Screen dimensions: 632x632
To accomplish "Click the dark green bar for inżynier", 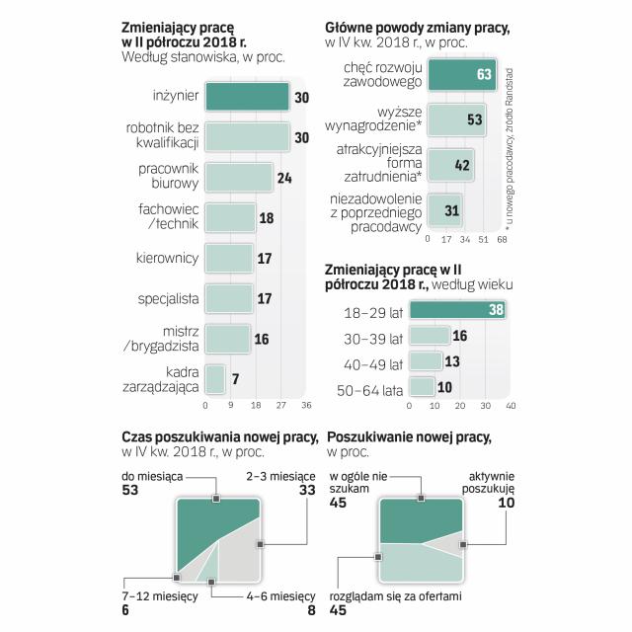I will point(247,96).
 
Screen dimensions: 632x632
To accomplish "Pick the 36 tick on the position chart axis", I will point(306,405).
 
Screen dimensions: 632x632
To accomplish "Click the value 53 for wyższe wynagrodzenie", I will point(474,119).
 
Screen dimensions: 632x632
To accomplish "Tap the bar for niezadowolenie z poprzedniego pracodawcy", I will point(444,209).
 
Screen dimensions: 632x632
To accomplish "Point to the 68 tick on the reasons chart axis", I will point(502,239).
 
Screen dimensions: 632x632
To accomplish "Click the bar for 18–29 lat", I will point(458,310).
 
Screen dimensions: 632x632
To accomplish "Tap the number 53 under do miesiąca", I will point(129,490).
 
